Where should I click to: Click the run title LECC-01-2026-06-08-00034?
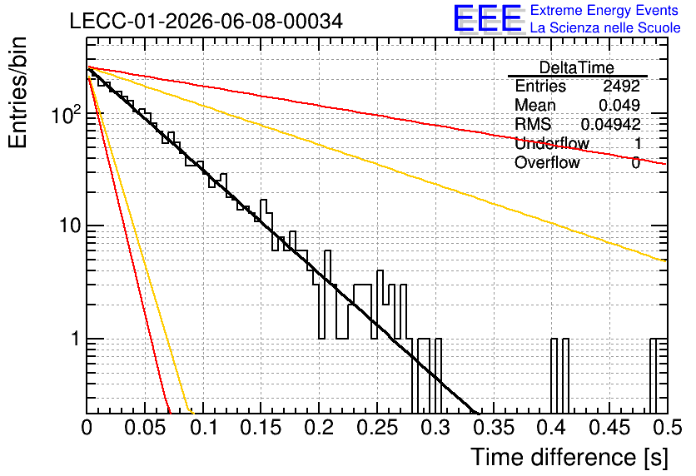point(206,22)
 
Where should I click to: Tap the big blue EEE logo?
point(487,18)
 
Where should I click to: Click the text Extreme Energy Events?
point(604,10)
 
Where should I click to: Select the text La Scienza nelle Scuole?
point(605,28)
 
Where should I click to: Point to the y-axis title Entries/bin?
point(17,92)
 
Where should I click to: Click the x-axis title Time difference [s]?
point(569,458)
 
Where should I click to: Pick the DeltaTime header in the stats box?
point(576,67)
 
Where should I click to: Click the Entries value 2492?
point(621,86)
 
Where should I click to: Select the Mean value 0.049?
point(619,105)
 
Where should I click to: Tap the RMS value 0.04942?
point(610,124)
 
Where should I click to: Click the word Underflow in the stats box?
point(552,143)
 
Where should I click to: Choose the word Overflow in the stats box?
point(547,162)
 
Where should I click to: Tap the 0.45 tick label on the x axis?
point(609,428)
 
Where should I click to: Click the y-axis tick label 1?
point(75,339)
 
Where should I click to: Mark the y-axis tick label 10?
point(70,226)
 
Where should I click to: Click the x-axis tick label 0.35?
point(494,428)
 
